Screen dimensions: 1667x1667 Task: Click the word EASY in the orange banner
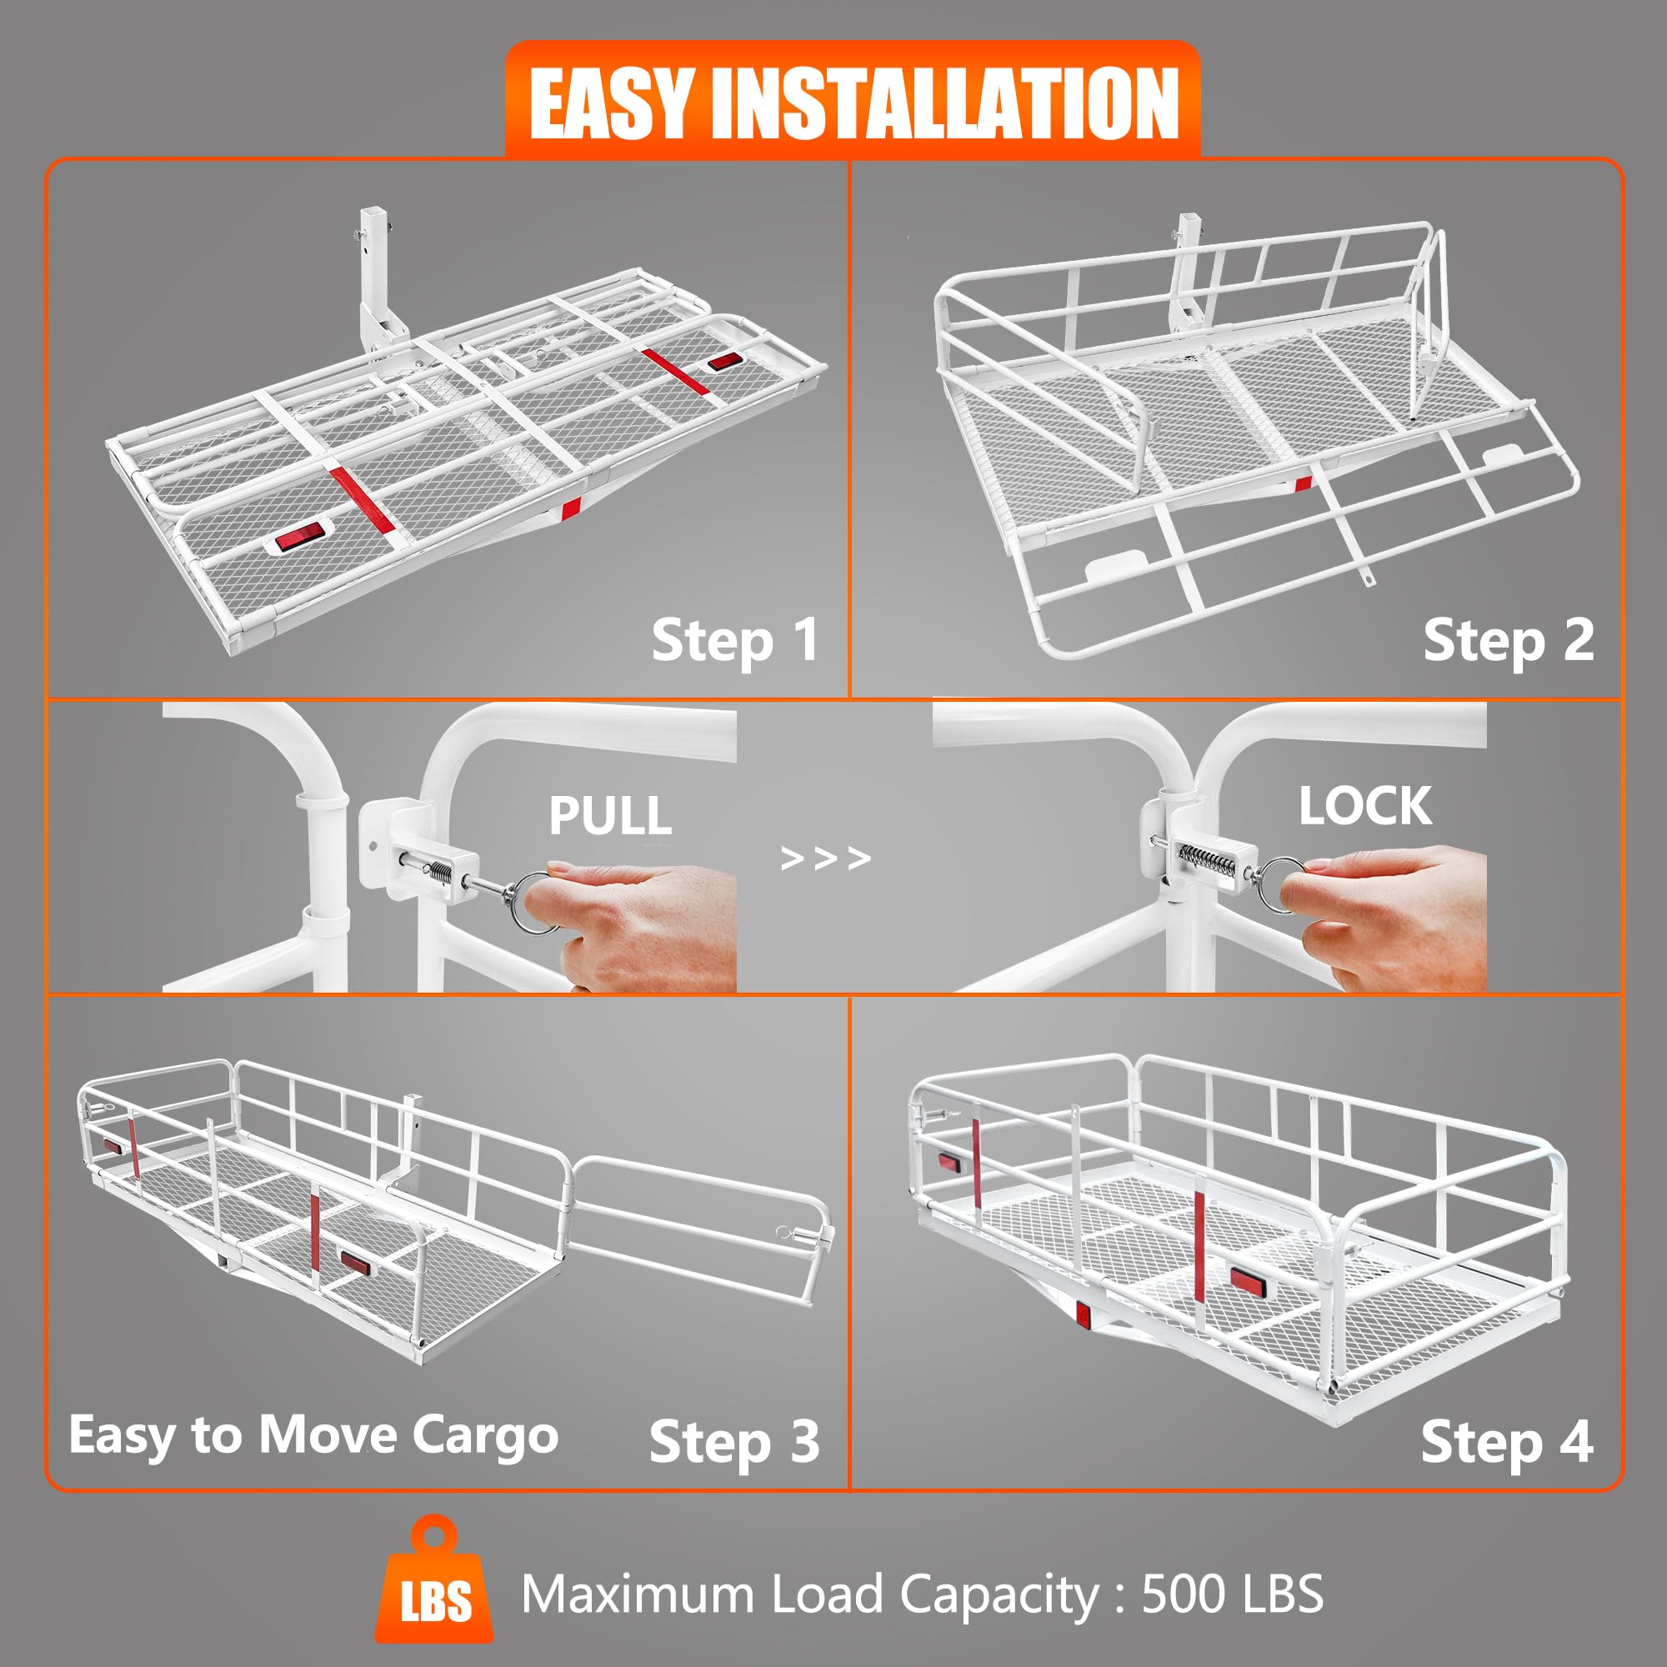610,103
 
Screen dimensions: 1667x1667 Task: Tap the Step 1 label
734,641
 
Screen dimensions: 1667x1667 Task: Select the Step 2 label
1507,641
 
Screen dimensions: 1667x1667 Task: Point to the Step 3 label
734,1442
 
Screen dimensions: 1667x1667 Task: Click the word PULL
610,815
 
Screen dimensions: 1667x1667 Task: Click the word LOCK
1365,806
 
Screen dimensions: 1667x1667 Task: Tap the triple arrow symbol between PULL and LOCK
826,859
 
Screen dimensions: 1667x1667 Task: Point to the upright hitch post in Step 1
373,276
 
